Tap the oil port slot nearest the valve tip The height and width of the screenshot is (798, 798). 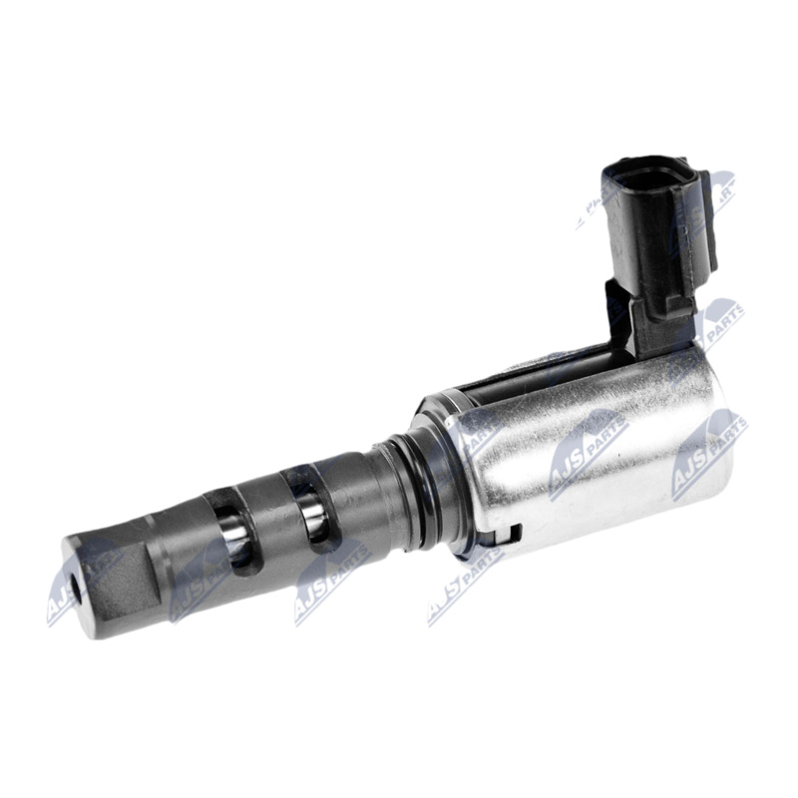point(234,535)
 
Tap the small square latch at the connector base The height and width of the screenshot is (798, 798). point(677,307)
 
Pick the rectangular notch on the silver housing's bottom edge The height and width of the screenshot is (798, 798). point(513,536)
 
